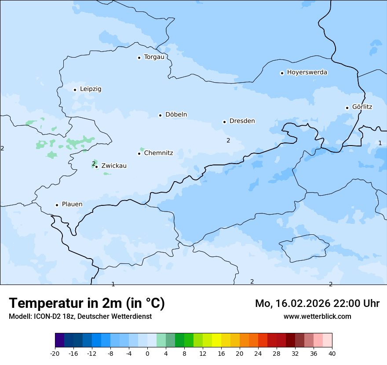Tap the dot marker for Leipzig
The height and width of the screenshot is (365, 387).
pyautogui.click(x=75, y=90)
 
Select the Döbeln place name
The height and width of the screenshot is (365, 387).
pyautogui.click(x=176, y=115)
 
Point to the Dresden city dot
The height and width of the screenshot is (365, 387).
pyautogui.click(x=224, y=122)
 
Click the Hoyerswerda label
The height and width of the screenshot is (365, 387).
pyautogui.click(x=307, y=73)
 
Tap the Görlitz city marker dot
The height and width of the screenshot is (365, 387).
pyautogui.click(x=347, y=108)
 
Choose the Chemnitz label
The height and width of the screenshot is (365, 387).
pyautogui.click(x=158, y=153)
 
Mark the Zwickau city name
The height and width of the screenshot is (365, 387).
pyautogui.click(x=114, y=166)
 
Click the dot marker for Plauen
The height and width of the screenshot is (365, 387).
pyautogui.click(x=57, y=205)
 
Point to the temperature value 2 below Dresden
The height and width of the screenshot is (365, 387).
pyautogui.click(x=228, y=141)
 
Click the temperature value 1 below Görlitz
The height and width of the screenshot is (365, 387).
pyautogui.click(x=380, y=143)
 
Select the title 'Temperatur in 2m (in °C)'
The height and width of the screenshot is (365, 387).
pyautogui.click(x=87, y=303)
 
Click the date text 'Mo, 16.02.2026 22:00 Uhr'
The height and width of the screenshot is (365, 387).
pyautogui.click(x=317, y=304)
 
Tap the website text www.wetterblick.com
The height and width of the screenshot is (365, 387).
pyautogui.click(x=317, y=317)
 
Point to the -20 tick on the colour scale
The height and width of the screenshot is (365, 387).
pyautogui.click(x=55, y=353)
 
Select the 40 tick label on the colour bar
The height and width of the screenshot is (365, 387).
pyautogui.click(x=332, y=353)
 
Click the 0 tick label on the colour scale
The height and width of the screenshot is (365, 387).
pyautogui.click(x=147, y=353)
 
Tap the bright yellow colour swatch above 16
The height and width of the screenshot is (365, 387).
pyautogui.click(x=216, y=340)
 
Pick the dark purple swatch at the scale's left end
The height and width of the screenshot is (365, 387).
pyautogui.click(x=60, y=340)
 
